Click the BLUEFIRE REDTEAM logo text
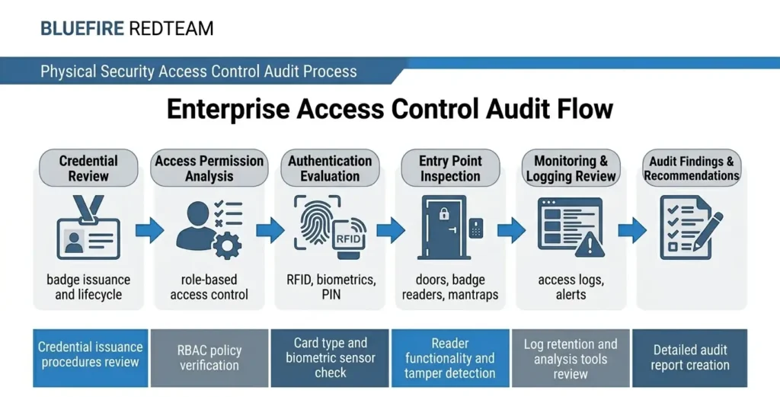point(126,29)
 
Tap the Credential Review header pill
point(88,168)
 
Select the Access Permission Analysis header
point(209,168)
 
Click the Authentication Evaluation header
point(330,168)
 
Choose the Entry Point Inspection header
point(450,168)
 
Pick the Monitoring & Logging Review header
point(571,168)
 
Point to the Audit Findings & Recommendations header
point(691,168)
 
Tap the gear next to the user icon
point(226,245)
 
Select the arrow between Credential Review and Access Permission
point(149,229)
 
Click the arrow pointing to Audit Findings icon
point(631,229)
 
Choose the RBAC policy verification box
point(209,358)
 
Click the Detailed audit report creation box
point(690,358)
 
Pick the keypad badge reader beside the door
point(476,228)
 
